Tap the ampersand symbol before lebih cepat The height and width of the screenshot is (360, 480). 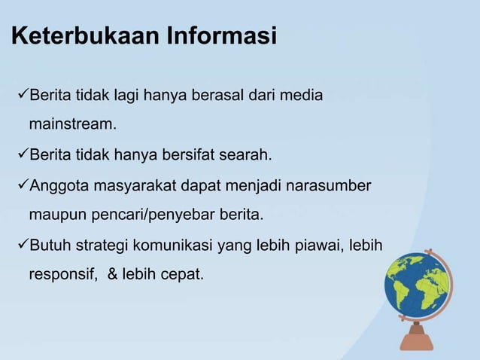(x=112, y=275)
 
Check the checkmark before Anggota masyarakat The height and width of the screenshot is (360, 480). (x=22, y=185)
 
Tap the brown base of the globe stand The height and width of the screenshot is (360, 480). (x=417, y=343)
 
